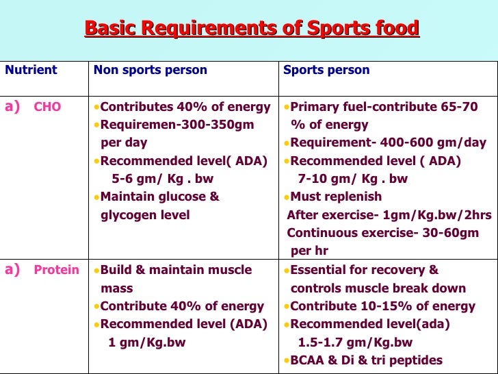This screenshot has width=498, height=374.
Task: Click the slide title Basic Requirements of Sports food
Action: click(x=251, y=29)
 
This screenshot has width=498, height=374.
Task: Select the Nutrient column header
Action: click(x=31, y=70)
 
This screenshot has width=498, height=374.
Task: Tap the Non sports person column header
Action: click(x=150, y=70)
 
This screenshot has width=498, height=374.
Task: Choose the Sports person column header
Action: click(x=326, y=70)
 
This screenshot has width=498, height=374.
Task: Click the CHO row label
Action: click(x=47, y=107)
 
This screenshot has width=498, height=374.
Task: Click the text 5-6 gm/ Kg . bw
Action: click(x=162, y=179)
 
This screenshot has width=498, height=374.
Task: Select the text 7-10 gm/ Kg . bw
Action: click(x=352, y=179)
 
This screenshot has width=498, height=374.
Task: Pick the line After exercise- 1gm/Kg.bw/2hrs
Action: click(x=389, y=215)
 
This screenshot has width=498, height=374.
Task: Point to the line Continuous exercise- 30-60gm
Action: click(x=382, y=233)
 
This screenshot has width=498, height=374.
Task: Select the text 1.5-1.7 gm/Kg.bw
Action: click(x=355, y=342)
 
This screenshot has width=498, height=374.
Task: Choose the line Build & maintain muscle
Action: click(x=176, y=270)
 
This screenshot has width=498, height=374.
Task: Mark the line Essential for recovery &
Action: click(x=365, y=270)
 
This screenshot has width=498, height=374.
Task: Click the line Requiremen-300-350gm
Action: click(x=176, y=125)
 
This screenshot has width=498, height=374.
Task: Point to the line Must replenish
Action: click(x=336, y=197)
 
